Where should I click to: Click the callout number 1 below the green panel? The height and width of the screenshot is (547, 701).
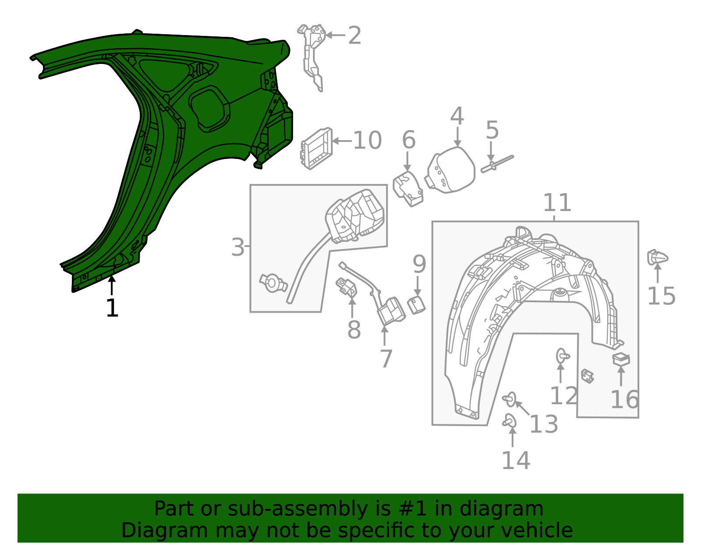tap(112, 308)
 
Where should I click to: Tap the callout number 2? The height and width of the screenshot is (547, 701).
tap(354, 35)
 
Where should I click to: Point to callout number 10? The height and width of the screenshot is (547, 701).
tap(367, 141)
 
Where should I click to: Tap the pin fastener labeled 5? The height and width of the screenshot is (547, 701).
tap(497, 164)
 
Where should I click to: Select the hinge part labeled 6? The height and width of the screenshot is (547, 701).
tap(408, 189)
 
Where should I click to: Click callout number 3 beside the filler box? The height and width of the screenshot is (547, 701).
tap(237, 247)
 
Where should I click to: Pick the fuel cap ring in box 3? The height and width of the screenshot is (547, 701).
tap(273, 284)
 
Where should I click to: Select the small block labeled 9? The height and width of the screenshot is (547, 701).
tap(416, 304)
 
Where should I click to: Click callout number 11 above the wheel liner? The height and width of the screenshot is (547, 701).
tap(557, 203)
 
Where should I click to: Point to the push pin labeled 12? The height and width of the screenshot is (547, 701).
tap(562, 356)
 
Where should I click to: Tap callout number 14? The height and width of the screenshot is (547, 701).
tap(516, 460)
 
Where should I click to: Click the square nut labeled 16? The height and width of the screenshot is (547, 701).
tap(621, 360)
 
